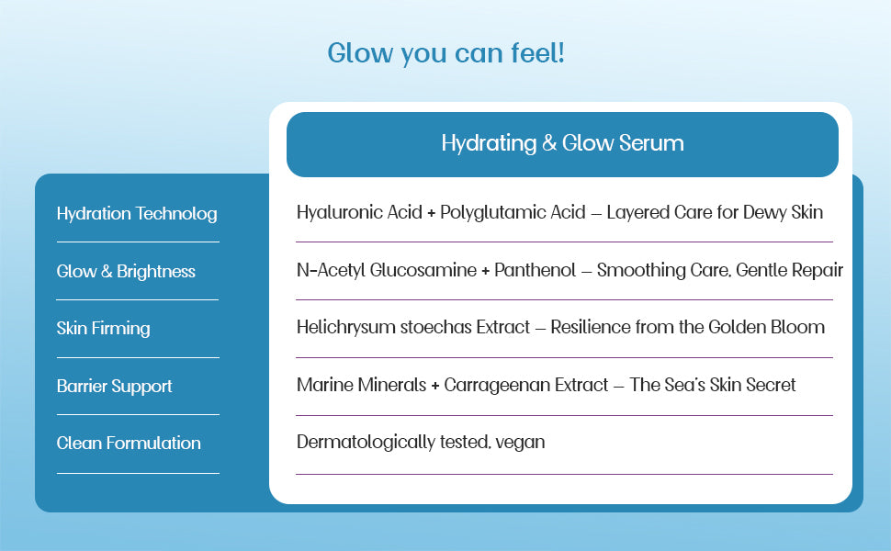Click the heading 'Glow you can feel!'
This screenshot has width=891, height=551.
point(445,53)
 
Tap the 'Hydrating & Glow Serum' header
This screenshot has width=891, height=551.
point(562,143)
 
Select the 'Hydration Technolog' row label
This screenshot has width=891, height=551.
point(137,214)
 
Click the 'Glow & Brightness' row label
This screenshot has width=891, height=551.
point(126,272)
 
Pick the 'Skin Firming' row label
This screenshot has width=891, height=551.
point(103,329)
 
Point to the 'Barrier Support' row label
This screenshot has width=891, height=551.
point(114,387)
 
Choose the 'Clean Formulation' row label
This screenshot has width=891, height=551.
point(129,444)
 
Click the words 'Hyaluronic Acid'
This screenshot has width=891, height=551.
point(359,212)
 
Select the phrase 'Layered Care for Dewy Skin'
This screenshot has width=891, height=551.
point(715,212)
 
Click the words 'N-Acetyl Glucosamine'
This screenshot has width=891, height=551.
point(386,270)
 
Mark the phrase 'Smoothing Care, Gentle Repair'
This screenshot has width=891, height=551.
point(720,270)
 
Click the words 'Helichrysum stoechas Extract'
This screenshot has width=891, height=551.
point(413,327)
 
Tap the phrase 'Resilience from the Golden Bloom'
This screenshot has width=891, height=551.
point(688,327)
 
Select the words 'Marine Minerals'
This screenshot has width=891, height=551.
point(361,385)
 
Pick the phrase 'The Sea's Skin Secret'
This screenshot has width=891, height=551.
point(713,385)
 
